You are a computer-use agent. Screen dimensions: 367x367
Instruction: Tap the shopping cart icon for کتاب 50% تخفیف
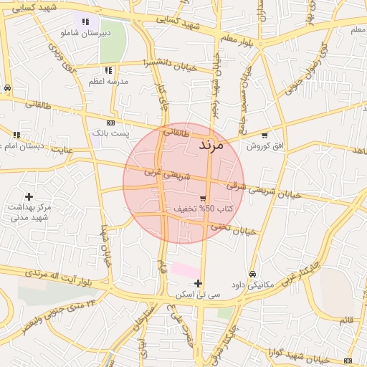coord(203,199)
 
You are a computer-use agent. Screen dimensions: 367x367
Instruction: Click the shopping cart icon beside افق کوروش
coord(264,135)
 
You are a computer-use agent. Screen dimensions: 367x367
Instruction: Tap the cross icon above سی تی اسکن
coord(199,283)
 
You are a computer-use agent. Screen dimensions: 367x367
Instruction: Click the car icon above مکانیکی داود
coord(252,274)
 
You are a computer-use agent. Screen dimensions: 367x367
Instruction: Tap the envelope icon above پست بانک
coord(110,123)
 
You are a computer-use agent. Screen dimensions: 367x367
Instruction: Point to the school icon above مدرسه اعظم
coord(108,70)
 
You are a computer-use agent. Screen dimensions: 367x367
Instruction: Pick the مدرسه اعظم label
coord(108,82)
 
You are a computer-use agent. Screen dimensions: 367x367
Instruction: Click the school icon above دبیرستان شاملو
coord(86,22)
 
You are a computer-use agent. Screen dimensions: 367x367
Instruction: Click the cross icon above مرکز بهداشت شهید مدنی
coord(29,196)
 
